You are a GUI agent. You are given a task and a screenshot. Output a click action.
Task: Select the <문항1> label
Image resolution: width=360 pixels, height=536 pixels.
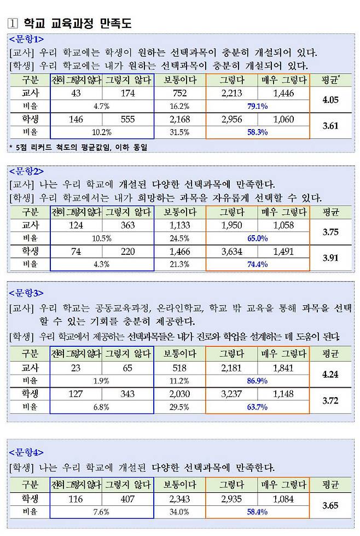[26, 39]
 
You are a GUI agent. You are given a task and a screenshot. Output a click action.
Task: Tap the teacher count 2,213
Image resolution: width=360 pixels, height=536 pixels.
[231, 94]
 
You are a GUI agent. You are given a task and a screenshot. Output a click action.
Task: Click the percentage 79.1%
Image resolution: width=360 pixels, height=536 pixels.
[257, 106]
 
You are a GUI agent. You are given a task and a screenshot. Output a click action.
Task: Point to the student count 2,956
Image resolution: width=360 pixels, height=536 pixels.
[231, 119]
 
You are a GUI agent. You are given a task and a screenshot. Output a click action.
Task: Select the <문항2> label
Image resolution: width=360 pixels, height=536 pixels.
[26, 171]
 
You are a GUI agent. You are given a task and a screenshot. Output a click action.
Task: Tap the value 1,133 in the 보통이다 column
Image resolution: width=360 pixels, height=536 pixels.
[179, 225]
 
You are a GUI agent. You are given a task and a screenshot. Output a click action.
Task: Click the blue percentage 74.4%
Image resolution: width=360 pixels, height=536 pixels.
[257, 264]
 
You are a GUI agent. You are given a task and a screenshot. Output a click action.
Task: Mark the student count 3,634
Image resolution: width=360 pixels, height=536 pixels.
[231, 252]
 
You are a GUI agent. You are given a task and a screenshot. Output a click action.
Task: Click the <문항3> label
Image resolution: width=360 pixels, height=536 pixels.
[26, 293]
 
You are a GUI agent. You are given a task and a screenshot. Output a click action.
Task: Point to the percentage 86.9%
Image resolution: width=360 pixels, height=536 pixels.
[257, 381]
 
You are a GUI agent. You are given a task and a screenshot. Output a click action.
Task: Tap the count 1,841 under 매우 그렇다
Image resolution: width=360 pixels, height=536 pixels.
[283, 368]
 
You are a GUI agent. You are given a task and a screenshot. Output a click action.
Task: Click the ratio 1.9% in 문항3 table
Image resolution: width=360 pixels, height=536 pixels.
[101, 381]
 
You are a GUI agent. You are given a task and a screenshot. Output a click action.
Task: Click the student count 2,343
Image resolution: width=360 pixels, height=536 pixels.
[179, 499]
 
